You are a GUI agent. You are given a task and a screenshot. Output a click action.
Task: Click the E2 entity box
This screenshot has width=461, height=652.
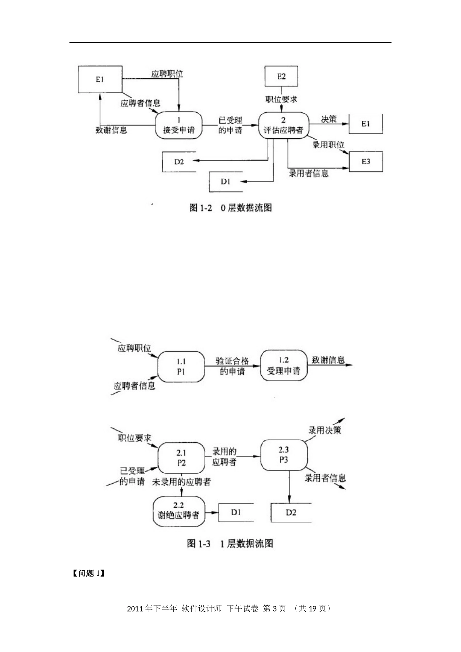pyautogui.click(x=281, y=76)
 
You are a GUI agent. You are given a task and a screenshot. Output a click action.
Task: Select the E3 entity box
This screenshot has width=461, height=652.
pyautogui.click(x=365, y=161)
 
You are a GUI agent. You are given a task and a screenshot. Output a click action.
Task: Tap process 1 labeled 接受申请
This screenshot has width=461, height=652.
pyautogui.click(x=179, y=125)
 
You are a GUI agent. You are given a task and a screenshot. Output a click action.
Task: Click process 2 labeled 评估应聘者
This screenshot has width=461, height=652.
pyautogui.click(x=283, y=125)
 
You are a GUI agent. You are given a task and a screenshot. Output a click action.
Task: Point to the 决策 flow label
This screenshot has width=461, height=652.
pyautogui.click(x=329, y=119)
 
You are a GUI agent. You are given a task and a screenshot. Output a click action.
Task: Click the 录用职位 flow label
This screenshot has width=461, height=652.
pyautogui.click(x=328, y=145)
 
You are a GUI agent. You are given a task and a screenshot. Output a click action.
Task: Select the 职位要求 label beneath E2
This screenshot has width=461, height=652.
pyautogui.click(x=281, y=99)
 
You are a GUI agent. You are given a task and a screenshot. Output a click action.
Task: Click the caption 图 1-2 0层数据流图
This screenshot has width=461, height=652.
pyautogui.click(x=230, y=208)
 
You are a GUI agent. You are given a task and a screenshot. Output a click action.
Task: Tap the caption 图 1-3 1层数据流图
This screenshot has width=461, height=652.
pyautogui.click(x=230, y=543)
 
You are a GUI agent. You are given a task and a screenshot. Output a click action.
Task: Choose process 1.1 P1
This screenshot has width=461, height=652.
pyautogui.click(x=181, y=367)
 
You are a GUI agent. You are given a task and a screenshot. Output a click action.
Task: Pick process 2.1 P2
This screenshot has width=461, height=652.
pyautogui.click(x=181, y=457)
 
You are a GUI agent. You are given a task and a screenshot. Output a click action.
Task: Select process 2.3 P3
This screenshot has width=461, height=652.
pyautogui.click(x=284, y=455)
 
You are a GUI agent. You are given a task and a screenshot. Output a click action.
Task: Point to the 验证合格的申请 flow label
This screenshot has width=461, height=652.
pyautogui.click(x=232, y=366)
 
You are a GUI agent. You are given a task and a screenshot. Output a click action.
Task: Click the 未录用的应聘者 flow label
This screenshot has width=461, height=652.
pyautogui.click(x=181, y=482)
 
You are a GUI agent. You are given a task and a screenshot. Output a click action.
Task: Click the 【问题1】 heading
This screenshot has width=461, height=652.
pyautogui.click(x=88, y=573)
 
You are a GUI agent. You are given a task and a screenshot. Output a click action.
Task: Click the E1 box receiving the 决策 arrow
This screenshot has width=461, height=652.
pyautogui.click(x=365, y=124)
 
